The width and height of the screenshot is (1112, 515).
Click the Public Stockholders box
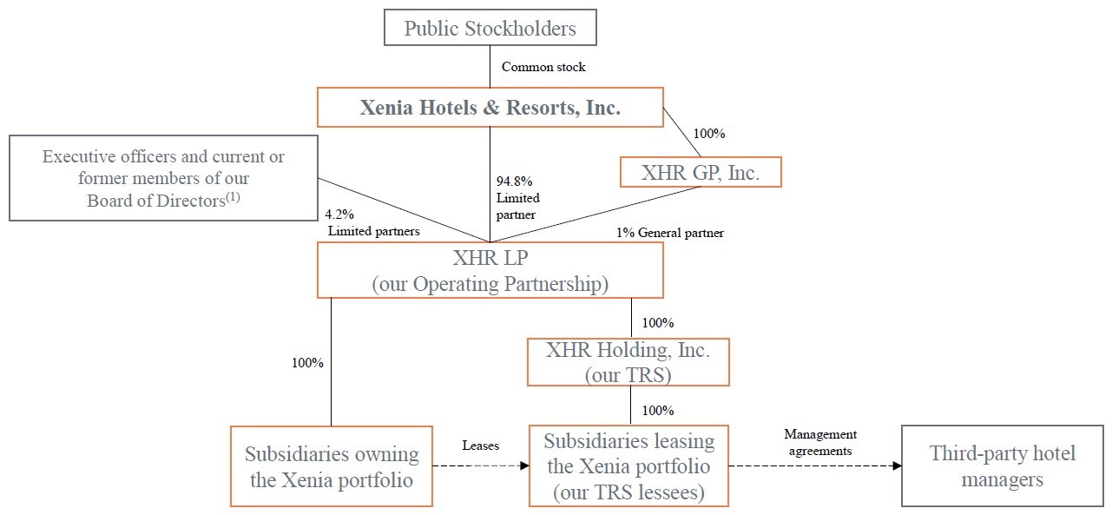point(490,28)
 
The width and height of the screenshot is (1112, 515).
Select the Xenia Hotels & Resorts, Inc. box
point(490,108)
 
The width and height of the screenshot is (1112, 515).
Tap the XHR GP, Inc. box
point(701,172)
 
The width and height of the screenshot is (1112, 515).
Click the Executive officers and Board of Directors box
point(163,178)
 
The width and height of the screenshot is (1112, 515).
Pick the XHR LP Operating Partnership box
point(490,270)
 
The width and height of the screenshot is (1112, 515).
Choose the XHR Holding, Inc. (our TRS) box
point(628,362)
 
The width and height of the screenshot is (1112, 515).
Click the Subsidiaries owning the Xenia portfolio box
point(331,466)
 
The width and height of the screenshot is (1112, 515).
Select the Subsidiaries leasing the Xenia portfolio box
point(628,466)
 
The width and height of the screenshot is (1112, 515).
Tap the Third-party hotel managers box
point(1002,465)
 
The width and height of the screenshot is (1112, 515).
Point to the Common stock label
point(543,67)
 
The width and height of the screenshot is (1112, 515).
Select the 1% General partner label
point(669,233)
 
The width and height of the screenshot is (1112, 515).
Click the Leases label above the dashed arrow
point(480,446)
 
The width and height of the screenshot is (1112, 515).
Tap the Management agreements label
point(819,442)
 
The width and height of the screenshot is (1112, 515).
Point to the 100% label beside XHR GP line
point(708,134)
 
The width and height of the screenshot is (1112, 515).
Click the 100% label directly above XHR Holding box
point(657,323)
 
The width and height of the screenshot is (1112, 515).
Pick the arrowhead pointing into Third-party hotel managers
point(896,465)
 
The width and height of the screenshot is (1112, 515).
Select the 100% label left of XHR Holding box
point(307,363)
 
